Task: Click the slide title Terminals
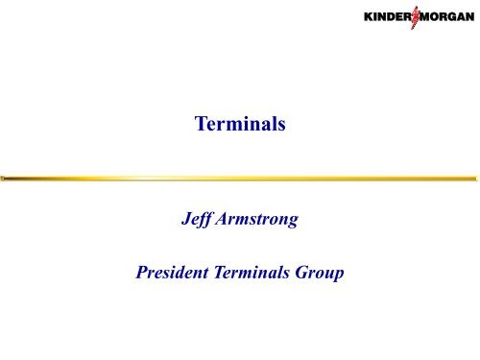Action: coord(240,123)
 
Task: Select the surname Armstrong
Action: coord(261,227)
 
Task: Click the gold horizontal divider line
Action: coord(240,178)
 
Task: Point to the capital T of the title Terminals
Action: coord(199,123)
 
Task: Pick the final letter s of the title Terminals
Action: coord(283,124)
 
